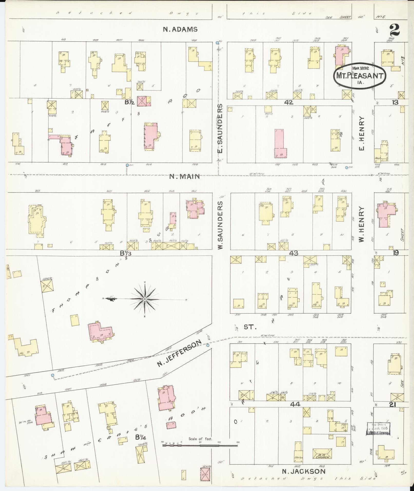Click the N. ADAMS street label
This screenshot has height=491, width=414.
pos(180,29)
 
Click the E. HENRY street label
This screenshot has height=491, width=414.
pos(362,133)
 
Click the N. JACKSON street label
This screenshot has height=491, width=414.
pos(304,471)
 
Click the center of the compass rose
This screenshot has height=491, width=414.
pos(145,299)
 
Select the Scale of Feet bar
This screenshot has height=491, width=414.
pos(200,446)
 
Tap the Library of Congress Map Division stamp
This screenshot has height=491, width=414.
pos(379,429)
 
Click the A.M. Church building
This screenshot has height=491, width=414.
pos(322,454)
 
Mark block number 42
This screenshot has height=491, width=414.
pos(288,102)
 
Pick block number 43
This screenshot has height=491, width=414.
pos(293,253)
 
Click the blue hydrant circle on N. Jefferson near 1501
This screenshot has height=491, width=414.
pos(53,375)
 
